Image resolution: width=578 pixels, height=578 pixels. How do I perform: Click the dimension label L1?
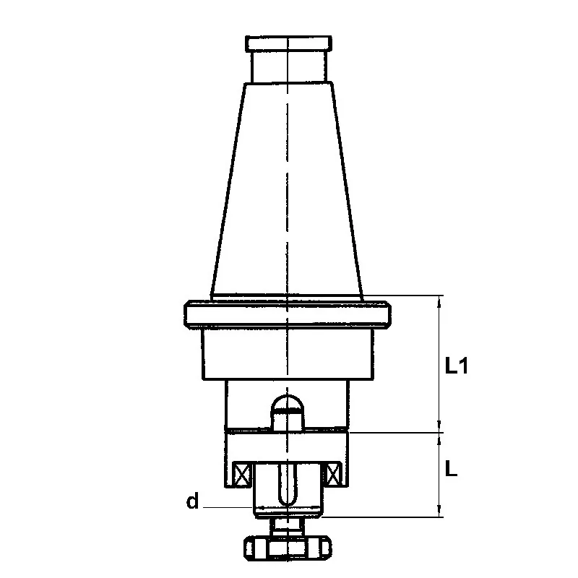pos(457,366)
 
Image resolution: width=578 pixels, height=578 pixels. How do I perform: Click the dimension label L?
pos(451,468)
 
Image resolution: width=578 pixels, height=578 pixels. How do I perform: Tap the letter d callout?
pos(192,501)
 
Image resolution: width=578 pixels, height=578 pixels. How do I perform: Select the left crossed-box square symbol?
pos(242,475)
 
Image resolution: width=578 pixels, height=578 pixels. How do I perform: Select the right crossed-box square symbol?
pos(332,475)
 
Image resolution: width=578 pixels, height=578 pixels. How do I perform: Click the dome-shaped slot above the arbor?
pos(287,412)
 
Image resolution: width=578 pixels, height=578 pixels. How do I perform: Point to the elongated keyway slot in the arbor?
pos(288,483)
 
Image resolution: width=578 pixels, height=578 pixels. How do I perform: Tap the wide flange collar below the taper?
pos(288,314)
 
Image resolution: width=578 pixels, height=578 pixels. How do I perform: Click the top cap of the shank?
pos(288,43)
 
